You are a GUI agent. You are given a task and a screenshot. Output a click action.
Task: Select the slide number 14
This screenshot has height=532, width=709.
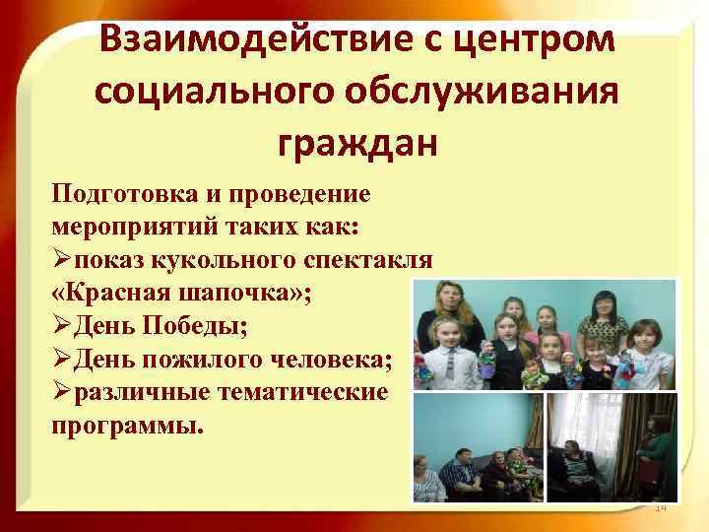(x=661, y=506)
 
